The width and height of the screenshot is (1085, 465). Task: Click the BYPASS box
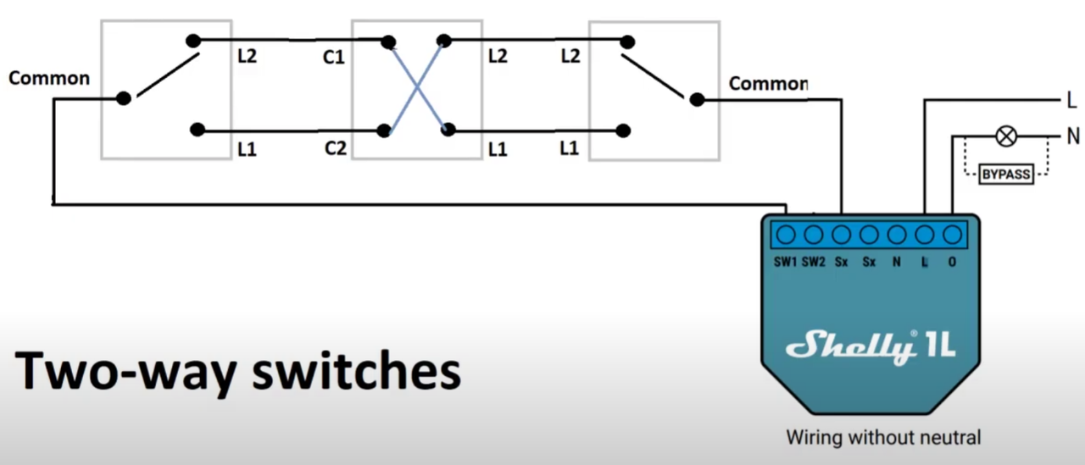point(1006,174)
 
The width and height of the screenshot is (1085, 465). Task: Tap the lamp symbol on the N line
point(1006,136)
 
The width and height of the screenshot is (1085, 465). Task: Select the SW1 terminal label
point(786,263)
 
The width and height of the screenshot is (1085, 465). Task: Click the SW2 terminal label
point(814,263)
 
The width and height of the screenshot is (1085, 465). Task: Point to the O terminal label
point(952,263)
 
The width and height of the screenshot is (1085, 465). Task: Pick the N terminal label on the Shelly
point(896,263)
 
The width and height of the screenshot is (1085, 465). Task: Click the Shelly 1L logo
point(871,346)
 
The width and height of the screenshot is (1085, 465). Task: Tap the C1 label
point(333,58)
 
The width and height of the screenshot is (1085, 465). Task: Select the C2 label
point(335,148)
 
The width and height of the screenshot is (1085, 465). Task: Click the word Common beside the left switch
point(48,78)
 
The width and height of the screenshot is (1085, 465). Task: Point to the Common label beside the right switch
point(767,83)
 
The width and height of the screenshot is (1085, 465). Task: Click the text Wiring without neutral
point(883,438)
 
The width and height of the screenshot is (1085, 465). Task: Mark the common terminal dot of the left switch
point(124,98)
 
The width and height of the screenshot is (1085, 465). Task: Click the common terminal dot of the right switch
point(696,100)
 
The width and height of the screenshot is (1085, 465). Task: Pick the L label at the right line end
point(1071,101)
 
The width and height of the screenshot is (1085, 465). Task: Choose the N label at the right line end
point(1072,136)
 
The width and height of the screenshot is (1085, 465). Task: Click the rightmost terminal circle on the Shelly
point(952,235)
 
